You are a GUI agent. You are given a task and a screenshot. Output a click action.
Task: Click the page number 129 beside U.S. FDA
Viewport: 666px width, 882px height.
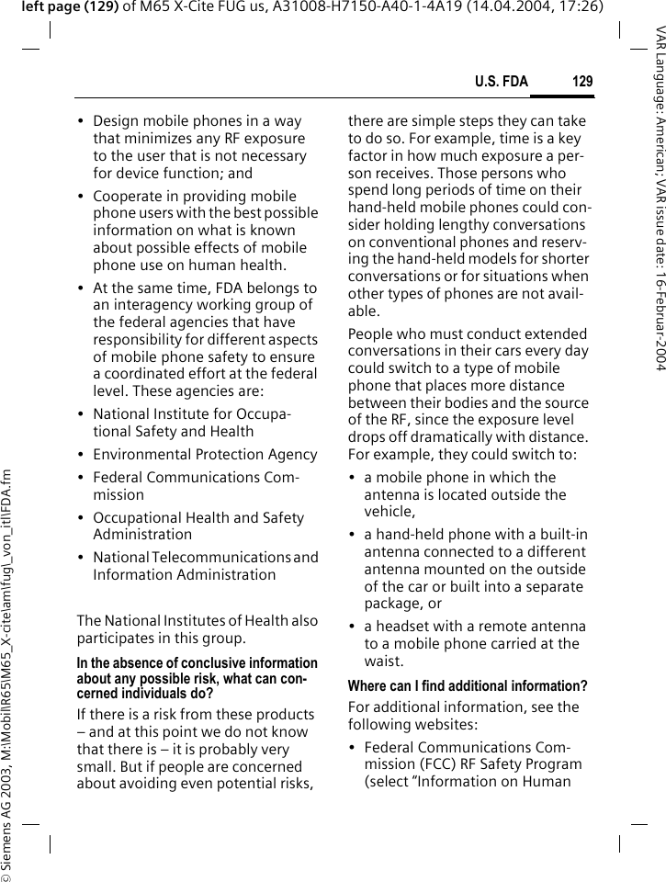582,83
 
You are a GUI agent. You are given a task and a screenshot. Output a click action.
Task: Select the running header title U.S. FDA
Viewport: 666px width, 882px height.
501,83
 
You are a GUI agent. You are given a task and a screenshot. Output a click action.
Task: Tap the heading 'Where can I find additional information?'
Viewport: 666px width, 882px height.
468,686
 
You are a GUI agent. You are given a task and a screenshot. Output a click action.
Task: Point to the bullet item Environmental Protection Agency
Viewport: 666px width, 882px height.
205,454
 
